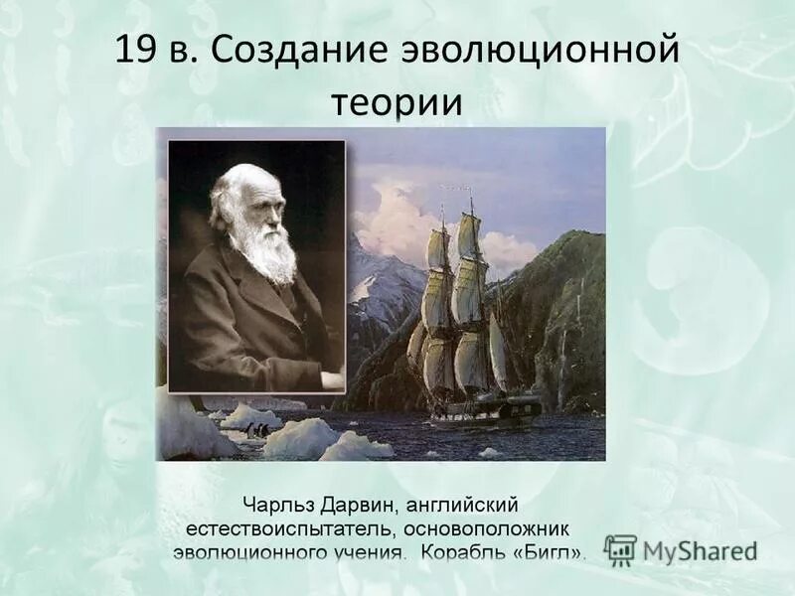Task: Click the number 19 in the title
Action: click(x=136, y=50)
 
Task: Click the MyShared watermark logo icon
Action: click(x=620, y=549)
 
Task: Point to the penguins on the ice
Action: click(x=257, y=429)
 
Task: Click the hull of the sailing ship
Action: click(x=487, y=409)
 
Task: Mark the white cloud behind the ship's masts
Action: click(x=397, y=223)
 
